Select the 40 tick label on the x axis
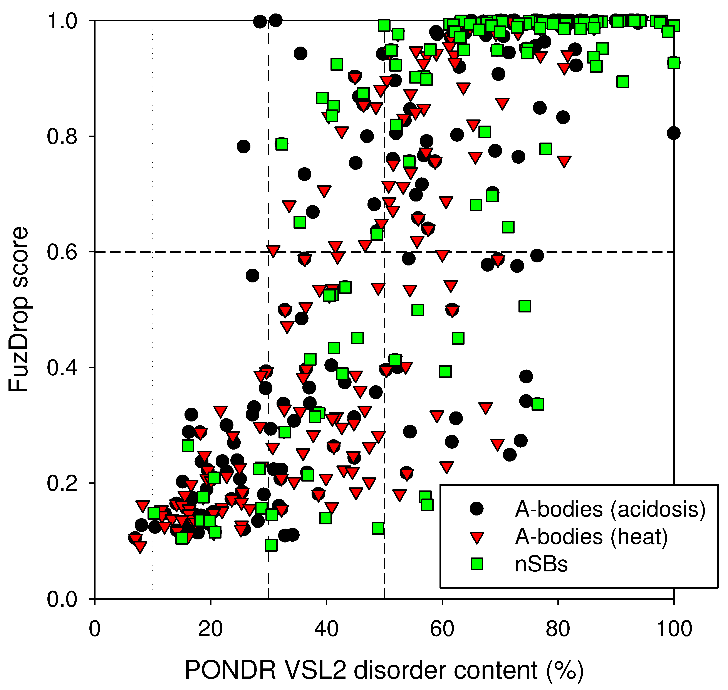click(326, 629)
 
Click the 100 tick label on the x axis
click(674, 629)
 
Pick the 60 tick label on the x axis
click(442, 629)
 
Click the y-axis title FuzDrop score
click(18, 309)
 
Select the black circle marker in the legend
click(477, 509)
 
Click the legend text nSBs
click(541, 564)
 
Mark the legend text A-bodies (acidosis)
click(610, 509)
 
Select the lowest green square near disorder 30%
click(271, 545)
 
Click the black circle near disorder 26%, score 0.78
click(243, 146)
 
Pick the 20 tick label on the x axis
click(210, 629)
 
